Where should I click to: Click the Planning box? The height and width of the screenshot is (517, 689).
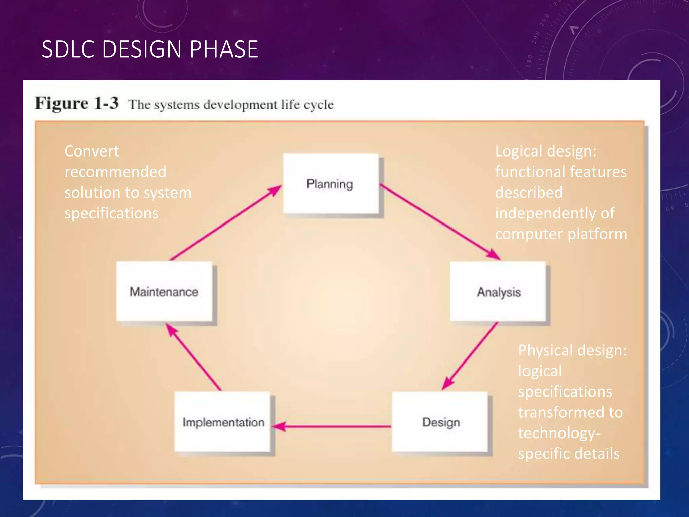pos(331,184)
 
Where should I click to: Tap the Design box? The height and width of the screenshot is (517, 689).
pos(440,422)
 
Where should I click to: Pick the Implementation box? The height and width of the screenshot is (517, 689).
pos(222,422)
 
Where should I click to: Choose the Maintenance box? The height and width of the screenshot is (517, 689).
pos(164,291)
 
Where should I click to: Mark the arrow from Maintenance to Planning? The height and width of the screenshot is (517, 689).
pos(225,222)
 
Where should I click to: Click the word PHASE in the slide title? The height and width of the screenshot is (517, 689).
pos(224,49)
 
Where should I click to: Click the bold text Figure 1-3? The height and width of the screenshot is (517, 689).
pos(77,103)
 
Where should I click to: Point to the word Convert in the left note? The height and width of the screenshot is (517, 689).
pos(92,151)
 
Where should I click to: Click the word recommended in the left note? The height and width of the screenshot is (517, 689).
pos(115,172)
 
